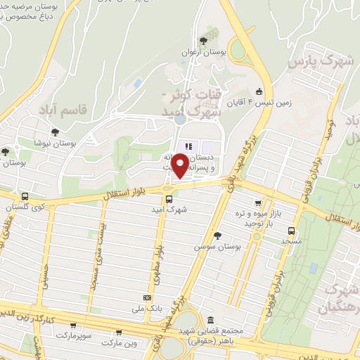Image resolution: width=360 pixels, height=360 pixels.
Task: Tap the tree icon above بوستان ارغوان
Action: point(203,40)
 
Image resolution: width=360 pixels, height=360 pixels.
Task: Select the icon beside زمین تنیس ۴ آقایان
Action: point(259,91)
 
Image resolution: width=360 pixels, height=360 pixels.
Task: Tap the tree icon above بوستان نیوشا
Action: point(55,131)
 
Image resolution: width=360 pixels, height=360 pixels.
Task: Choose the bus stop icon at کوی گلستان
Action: point(25,197)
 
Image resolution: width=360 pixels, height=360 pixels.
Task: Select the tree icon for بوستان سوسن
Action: point(217,236)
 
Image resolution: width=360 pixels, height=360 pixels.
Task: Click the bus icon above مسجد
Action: point(291,230)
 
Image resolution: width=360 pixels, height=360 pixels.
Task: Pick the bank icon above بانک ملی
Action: point(147,297)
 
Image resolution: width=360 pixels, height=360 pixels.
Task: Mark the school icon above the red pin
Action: point(188,146)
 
